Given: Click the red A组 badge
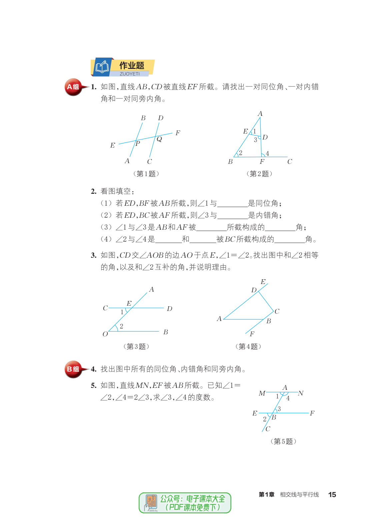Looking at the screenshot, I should point(73,87).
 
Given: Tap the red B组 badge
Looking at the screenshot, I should point(73,369).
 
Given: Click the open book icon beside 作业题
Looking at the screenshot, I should point(102,67).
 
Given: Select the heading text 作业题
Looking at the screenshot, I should point(132,65).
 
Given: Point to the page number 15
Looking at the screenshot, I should point(332,495).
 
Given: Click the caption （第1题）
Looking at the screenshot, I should point(146,174).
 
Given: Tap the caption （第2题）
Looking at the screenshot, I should point(259,174).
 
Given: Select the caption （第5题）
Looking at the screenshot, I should point(283,441).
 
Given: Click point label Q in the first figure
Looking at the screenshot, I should point(159,139).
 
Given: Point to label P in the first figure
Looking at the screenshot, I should point(138,143).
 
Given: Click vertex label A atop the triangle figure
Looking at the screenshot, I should point(260,114).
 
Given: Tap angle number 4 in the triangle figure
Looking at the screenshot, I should point(267,153).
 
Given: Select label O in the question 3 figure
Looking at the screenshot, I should point(105,334).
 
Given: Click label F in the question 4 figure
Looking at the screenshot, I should point(252,334).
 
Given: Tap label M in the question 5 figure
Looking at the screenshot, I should point(262,393).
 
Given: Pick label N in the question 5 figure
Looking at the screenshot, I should point(301,393).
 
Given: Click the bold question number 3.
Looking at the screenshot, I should point(94,255).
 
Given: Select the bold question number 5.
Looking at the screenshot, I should point(94,386).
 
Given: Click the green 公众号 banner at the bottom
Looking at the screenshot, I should point(185,503).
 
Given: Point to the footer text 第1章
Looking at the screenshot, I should point(267,495).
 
